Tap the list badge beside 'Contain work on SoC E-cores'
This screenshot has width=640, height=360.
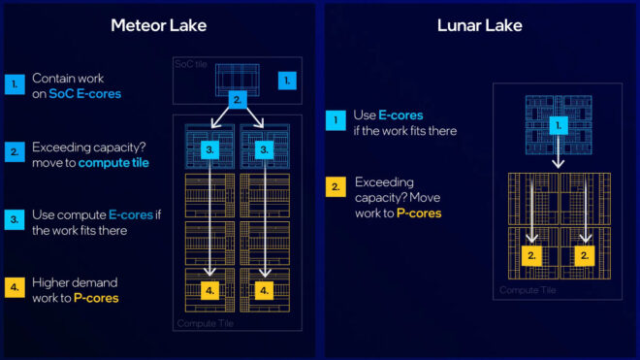14,84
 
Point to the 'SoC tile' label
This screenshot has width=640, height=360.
191,64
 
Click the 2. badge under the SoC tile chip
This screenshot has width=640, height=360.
237,100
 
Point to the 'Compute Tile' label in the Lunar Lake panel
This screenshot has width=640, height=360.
528,289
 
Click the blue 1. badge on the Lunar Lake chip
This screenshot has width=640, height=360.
557,125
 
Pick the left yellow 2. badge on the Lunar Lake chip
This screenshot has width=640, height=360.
531,255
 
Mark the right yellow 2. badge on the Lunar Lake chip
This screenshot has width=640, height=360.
584,255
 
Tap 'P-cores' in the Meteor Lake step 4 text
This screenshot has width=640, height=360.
96,298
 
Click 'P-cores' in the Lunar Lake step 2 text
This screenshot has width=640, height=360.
418,213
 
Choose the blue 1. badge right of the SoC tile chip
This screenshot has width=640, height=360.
285,80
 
